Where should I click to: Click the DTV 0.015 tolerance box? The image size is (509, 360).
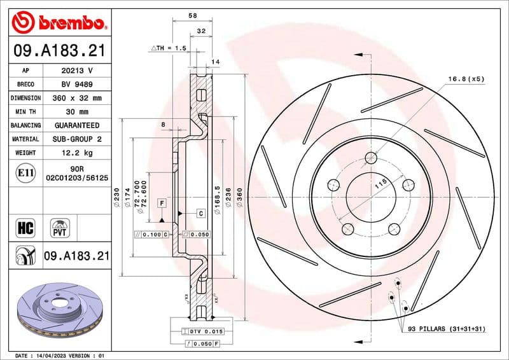(204, 332)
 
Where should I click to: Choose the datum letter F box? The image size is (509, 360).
(162, 203)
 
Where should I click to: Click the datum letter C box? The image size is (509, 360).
(200, 213)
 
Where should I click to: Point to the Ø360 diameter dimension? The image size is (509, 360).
(239, 197)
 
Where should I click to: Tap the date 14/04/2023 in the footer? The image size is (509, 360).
(53, 355)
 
